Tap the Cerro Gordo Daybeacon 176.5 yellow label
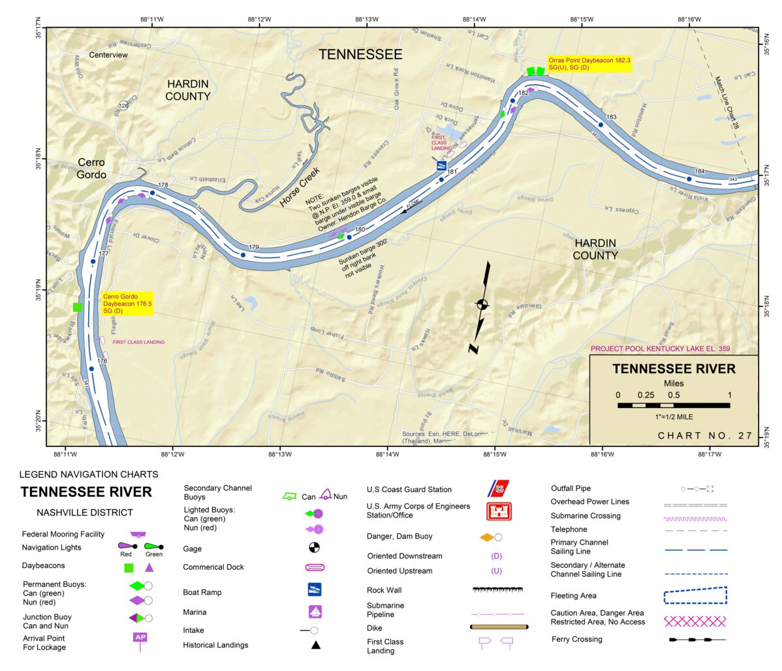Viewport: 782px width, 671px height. point(127,304)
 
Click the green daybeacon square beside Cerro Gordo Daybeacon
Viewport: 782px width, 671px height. point(78,307)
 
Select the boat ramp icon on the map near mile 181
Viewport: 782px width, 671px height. point(442,166)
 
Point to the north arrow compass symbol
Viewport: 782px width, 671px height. point(482,305)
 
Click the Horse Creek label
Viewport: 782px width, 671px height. point(300,188)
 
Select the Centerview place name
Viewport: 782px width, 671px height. point(108,55)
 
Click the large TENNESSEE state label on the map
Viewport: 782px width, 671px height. point(360,54)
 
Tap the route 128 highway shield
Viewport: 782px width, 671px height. point(123,106)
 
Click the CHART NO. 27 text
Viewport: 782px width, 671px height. point(705,435)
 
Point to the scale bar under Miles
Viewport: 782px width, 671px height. point(674,405)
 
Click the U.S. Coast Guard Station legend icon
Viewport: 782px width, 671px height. point(498,488)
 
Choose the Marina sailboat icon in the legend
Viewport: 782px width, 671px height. point(315,612)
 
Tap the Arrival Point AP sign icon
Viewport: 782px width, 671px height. point(140,638)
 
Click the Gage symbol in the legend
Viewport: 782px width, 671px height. point(314,548)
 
